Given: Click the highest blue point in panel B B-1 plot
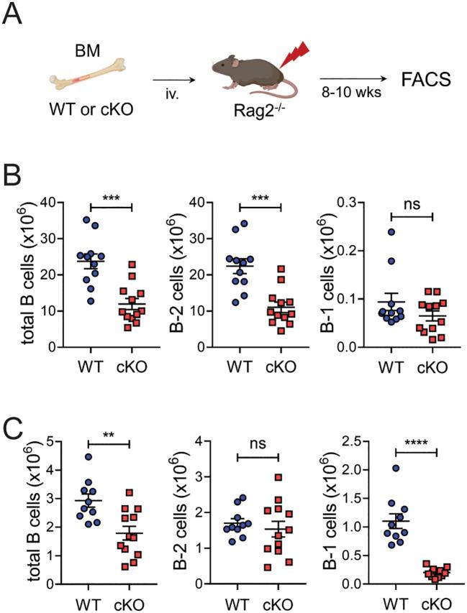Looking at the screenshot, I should click(x=391, y=233).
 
